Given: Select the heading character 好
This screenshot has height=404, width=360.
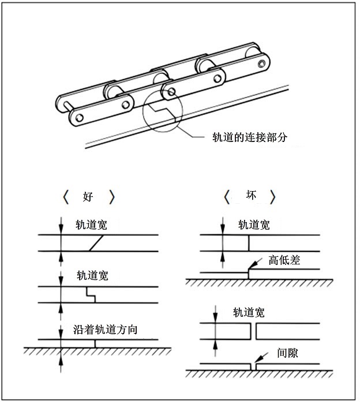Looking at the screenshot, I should point(88,197).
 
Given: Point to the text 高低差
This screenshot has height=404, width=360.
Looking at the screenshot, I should point(284,260).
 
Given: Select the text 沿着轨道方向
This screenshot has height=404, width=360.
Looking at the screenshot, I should point(109,330).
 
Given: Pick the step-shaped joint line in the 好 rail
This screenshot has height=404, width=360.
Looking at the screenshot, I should point(90,294).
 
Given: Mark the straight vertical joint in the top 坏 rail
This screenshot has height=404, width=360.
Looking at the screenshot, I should point(249,244).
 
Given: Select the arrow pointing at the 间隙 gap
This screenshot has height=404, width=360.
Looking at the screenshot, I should point(258,357).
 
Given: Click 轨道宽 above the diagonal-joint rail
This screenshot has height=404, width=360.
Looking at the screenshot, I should point(91,225).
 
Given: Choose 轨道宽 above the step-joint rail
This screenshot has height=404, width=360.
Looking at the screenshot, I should point(91,275).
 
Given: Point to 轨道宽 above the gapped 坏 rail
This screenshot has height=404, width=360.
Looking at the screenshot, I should point(249,313).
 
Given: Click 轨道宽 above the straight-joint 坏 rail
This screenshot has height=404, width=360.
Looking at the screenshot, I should point(254,225).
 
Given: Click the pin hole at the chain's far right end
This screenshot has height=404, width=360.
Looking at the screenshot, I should point(262,63).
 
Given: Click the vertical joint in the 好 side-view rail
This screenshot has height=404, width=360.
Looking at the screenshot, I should point(95,343).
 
